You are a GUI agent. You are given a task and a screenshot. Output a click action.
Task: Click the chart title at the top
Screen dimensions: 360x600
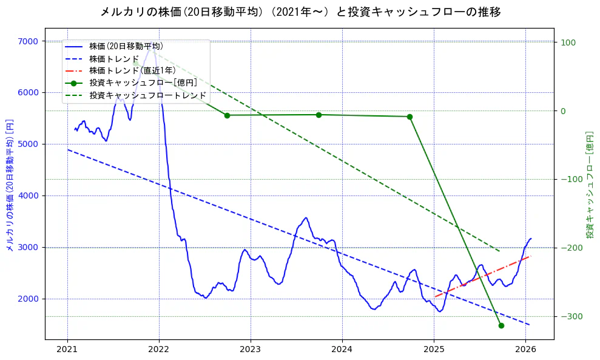coord(300,12)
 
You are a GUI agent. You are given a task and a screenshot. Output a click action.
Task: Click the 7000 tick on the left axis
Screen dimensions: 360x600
coord(30,41)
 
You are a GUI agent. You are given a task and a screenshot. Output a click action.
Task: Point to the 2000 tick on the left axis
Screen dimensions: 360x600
coord(30,299)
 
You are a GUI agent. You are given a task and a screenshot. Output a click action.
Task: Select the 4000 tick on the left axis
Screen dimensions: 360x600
coord(30,195)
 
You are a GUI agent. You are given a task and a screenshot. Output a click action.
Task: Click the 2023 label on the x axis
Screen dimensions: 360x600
coord(251,349)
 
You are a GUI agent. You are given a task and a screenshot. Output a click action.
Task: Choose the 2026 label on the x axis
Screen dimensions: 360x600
coord(525,349)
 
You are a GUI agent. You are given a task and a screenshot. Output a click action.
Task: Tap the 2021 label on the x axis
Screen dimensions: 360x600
coord(67,349)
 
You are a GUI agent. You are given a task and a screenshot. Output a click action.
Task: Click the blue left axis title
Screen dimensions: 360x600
coord(9,185)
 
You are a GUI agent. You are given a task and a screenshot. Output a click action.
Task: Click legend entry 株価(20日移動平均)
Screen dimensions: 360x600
coord(126,46)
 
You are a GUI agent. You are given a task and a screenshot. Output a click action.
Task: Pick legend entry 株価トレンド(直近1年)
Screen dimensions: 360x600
coord(132,71)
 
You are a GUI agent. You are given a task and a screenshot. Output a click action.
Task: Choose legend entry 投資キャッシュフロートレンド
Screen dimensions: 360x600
coord(147,96)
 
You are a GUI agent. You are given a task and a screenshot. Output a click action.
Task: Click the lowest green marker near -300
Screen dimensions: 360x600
coord(501,325)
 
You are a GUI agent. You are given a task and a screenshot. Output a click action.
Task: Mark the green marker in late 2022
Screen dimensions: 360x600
coord(227,115)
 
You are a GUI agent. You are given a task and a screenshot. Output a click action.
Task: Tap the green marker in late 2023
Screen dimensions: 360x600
coord(319,115)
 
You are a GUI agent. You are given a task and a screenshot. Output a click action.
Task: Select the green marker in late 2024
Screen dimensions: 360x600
coord(410,117)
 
